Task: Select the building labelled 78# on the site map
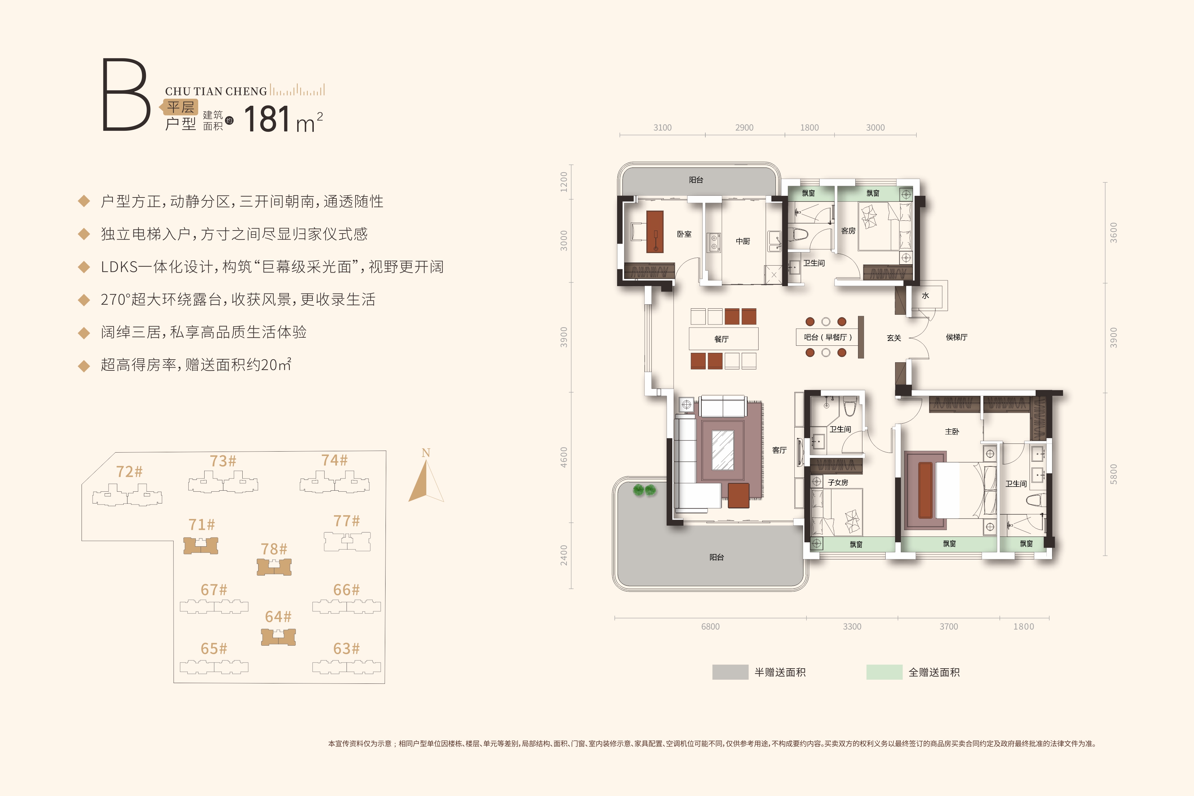[274, 567]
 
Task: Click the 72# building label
[129, 471]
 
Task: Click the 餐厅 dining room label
[722, 339]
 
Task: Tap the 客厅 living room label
[779, 450]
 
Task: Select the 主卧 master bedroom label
[952, 431]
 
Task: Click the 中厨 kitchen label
[743, 241]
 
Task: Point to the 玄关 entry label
[894, 338]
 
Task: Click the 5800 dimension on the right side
[1113, 474]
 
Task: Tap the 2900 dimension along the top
[744, 127]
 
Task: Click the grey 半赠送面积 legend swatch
[730, 672]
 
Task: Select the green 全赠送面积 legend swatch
[884, 672]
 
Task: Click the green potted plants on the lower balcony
[645, 490]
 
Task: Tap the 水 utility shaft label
[925, 296]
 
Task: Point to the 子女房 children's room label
[838, 482]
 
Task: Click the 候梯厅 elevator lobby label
[956, 337]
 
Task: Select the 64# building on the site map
[278, 637]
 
